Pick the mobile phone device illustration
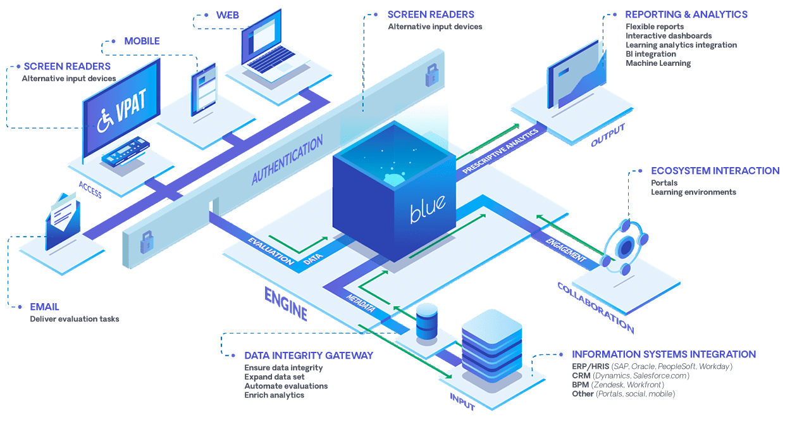click(x=204, y=90)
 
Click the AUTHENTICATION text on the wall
click(x=288, y=159)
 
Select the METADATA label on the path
click(x=361, y=302)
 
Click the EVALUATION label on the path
click(x=271, y=251)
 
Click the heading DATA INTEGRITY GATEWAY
click(x=309, y=356)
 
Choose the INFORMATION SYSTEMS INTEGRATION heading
click(x=664, y=354)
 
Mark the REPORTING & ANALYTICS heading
click(x=686, y=15)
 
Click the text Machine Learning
click(x=658, y=63)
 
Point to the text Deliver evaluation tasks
click(x=74, y=319)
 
